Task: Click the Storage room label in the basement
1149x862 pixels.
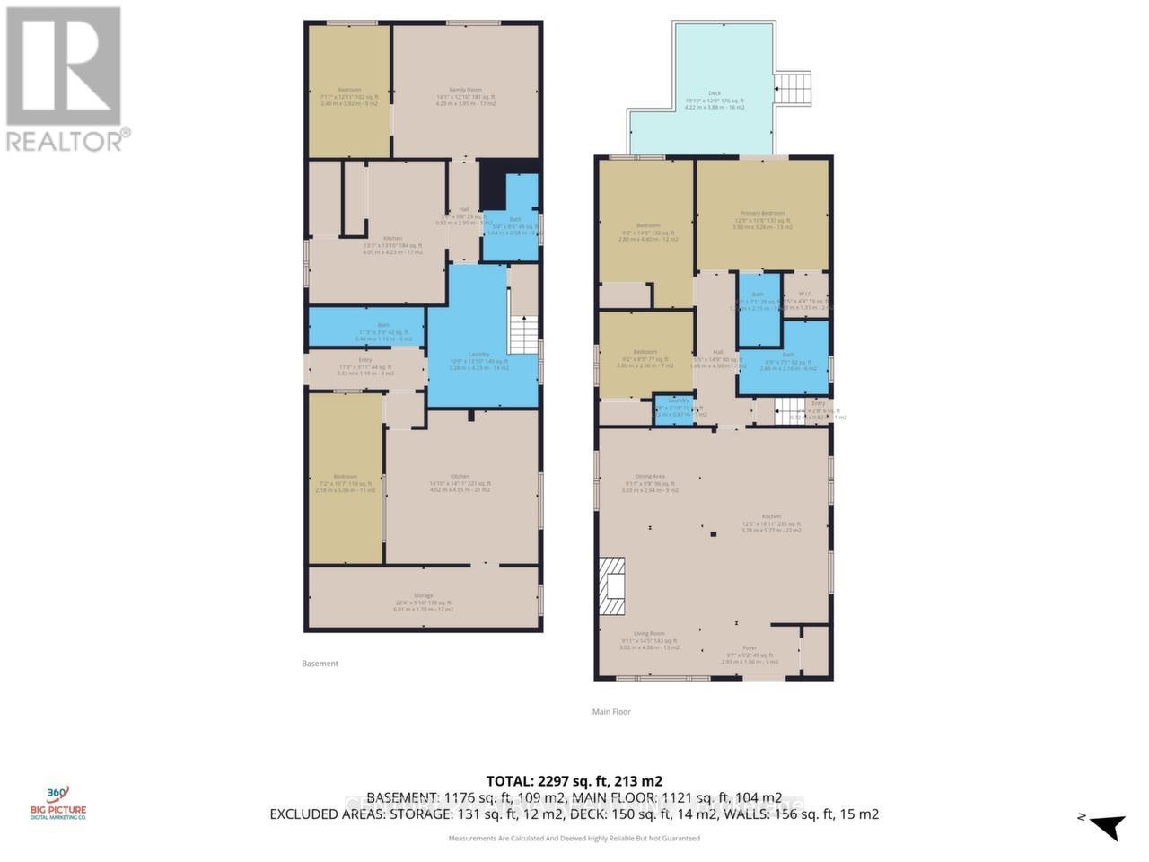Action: (x=423, y=595)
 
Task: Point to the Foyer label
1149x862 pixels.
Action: (x=749, y=647)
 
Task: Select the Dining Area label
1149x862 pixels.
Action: (x=650, y=477)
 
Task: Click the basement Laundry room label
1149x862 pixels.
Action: (x=478, y=354)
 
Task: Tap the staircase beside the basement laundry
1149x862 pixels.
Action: (x=522, y=334)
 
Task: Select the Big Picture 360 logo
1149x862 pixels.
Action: (x=57, y=802)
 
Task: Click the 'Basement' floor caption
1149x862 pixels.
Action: (x=320, y=664)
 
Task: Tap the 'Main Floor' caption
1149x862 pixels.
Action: (x=610, y=711)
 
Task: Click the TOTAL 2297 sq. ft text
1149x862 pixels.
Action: (x=574, y=781)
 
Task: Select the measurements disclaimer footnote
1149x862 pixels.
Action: (x=574, y=838)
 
